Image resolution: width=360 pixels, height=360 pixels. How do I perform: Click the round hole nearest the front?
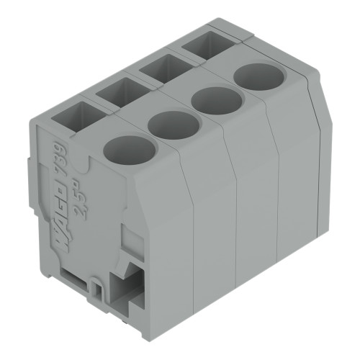tap(130, 148)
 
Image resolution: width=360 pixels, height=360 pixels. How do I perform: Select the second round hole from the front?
tap(173, 125)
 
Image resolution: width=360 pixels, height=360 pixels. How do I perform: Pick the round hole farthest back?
tap(258, 76)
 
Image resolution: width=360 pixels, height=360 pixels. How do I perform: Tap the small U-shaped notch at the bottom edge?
tap(94, 289)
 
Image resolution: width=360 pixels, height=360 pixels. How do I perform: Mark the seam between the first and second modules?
tap(186, 216)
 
